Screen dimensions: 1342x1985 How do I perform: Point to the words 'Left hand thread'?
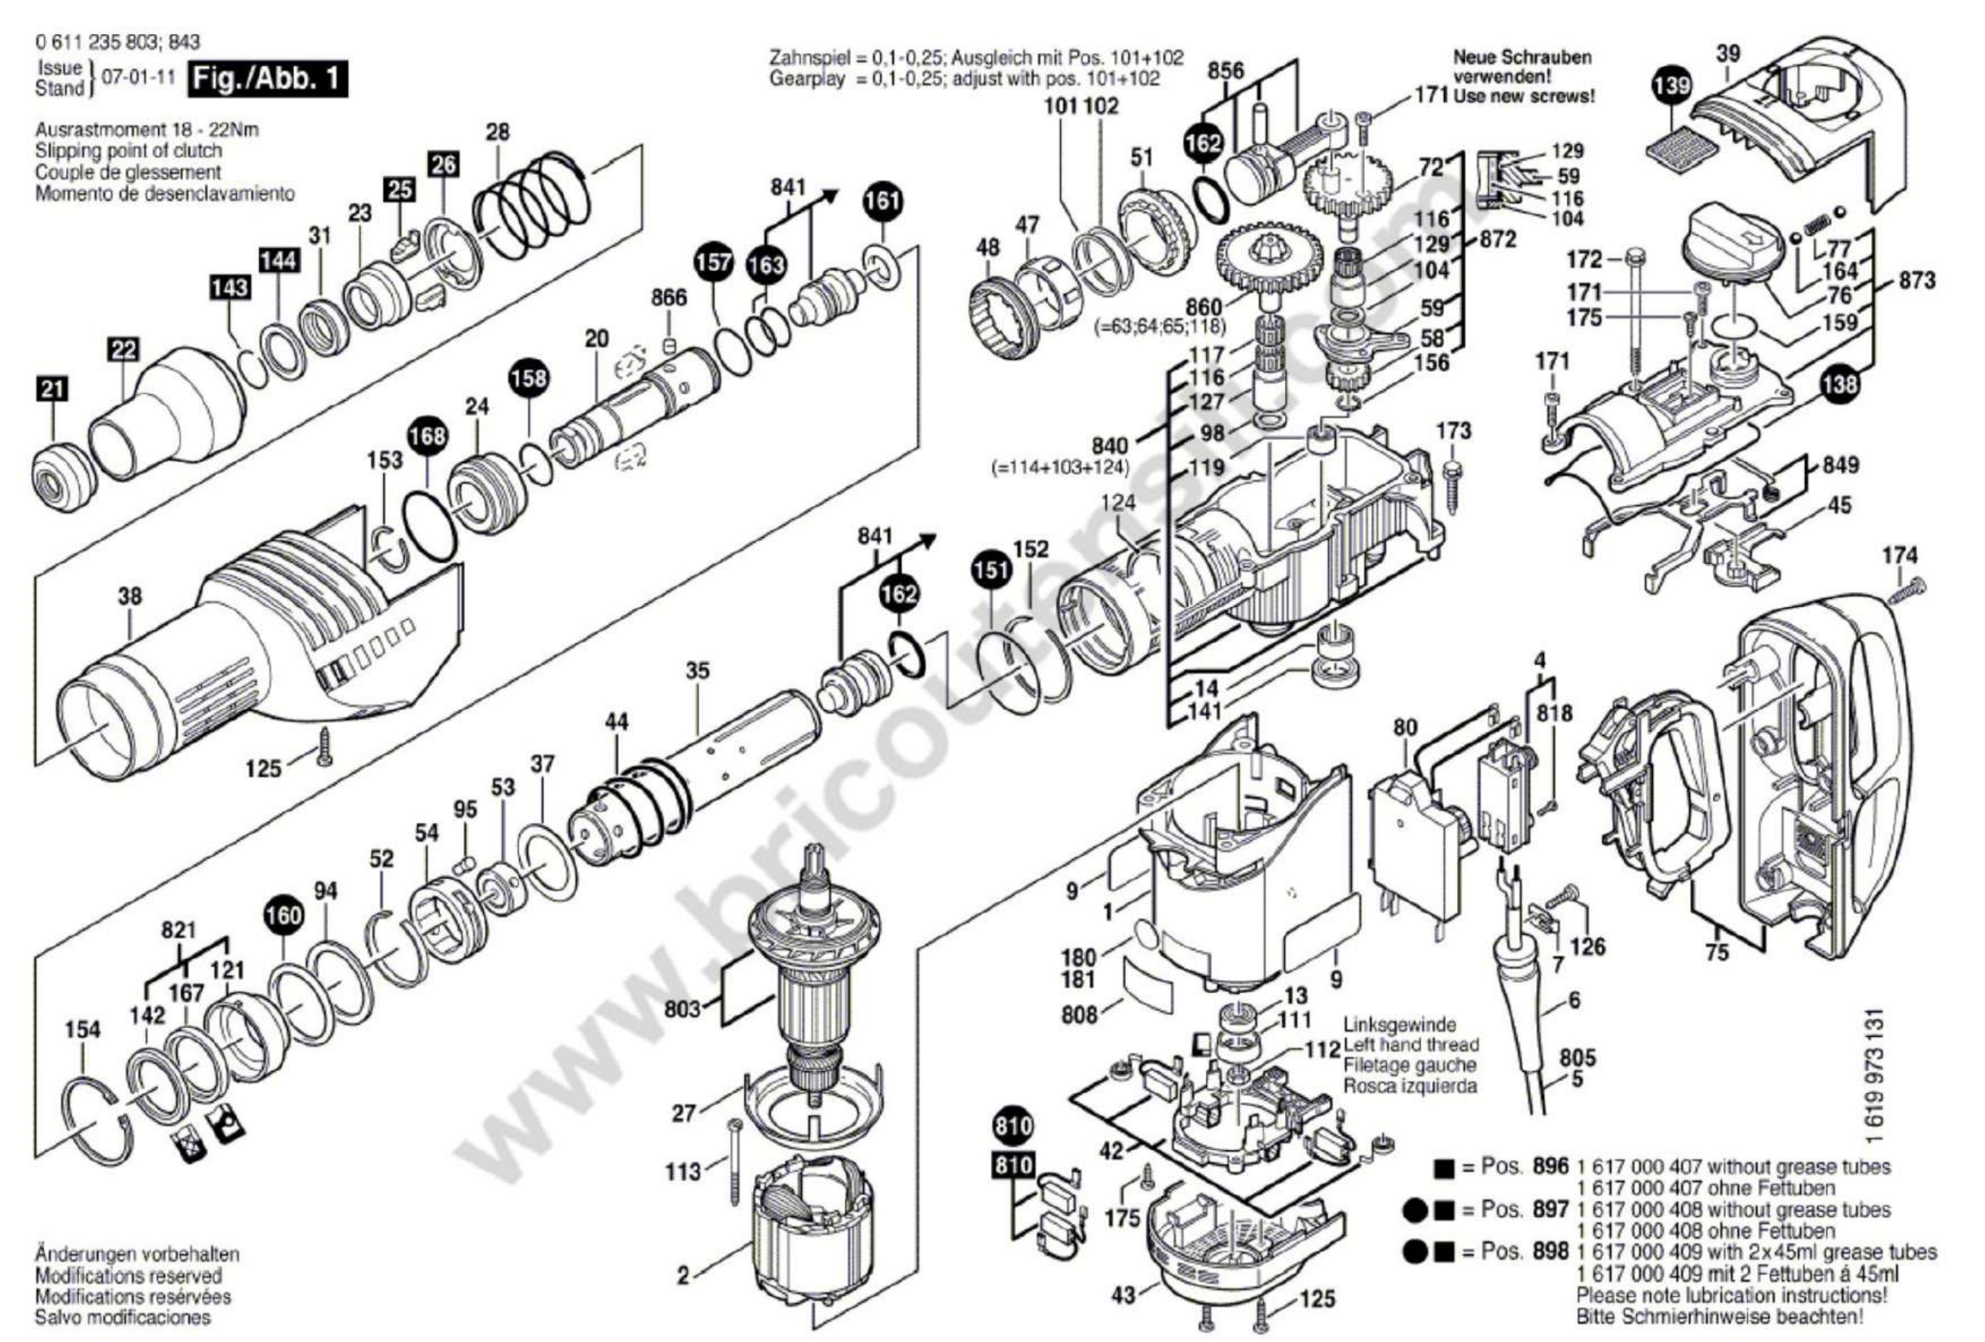(1411, 1045)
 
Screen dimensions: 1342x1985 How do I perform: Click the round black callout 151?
(991, 570)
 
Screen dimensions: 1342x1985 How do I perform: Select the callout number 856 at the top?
(1226, 71)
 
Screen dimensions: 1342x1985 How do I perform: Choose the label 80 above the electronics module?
(1405, 728)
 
